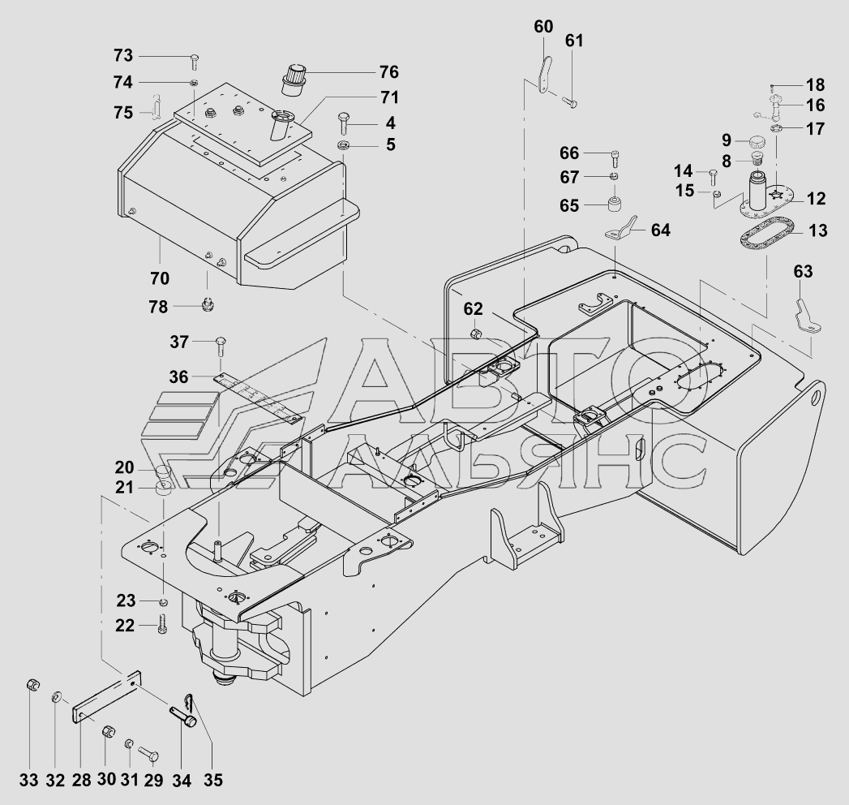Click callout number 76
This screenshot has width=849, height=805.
click(388, 72)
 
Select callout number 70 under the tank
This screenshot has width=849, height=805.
click(160, 278)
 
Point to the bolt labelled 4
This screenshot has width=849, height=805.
click(344, 124)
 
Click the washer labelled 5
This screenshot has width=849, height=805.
click(344, 145)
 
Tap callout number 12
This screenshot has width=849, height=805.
click(816, 199)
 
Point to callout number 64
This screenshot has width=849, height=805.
click(660, 230)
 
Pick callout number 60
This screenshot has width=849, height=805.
click(543, 27)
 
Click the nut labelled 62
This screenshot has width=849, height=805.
click(475, 334)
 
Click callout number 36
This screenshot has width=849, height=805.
click(178, 377)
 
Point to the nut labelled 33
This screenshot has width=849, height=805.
click(32, 685)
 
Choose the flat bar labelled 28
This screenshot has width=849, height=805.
click(107, 697)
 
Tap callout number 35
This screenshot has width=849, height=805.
click(213, 780)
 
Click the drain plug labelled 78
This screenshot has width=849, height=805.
click(206, 304)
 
